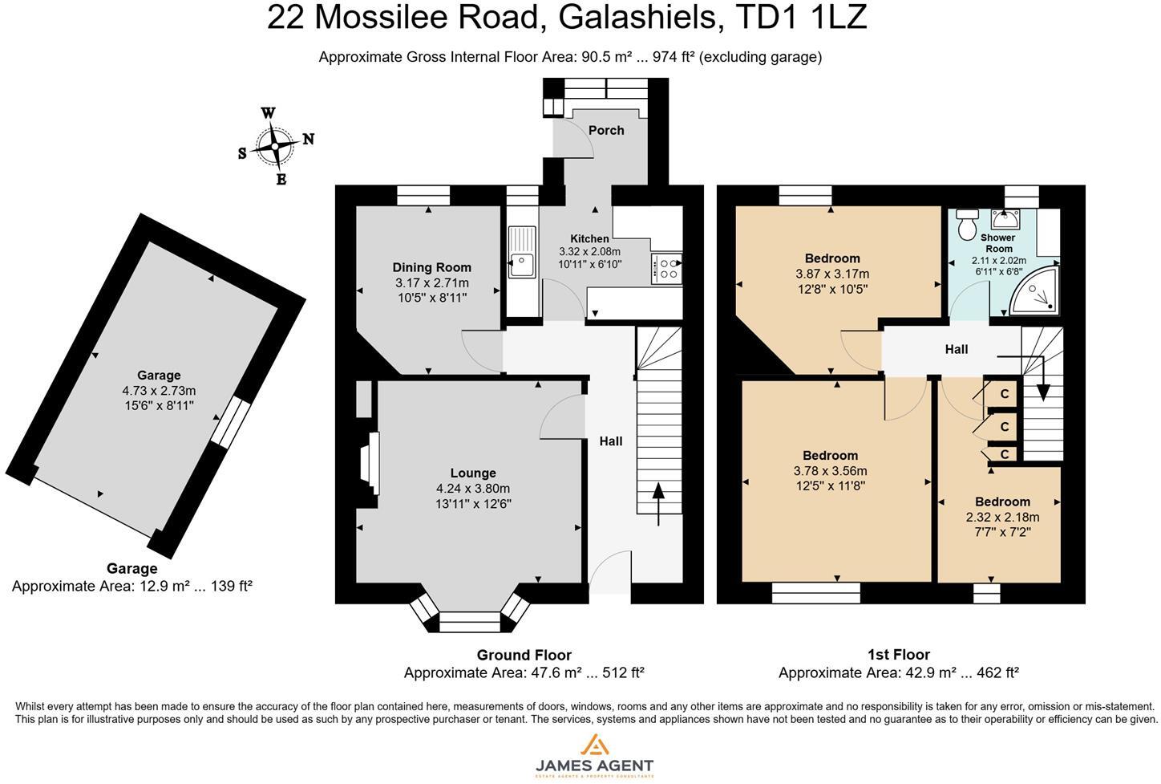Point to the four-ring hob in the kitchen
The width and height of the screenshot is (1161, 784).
[666, 268]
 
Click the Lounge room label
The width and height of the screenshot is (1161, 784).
[473, 473]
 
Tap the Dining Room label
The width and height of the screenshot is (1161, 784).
[431, 268]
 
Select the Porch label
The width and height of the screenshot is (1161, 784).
[606, 130]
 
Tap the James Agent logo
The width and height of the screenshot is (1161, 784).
[594, 755]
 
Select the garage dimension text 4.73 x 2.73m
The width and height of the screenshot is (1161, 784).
[159, 391]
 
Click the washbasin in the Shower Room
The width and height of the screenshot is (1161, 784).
[1005, 220]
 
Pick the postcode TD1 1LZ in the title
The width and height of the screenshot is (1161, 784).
[801, 17]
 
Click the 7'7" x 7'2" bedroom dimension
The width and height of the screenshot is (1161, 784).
[1002, 532]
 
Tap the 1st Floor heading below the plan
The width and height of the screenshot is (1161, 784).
[899, 655]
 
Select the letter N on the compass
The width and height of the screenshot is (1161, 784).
[309, 139]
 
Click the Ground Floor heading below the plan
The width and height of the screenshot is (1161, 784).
[524, 656]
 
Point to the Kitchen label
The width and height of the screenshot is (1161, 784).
[589, 239]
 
